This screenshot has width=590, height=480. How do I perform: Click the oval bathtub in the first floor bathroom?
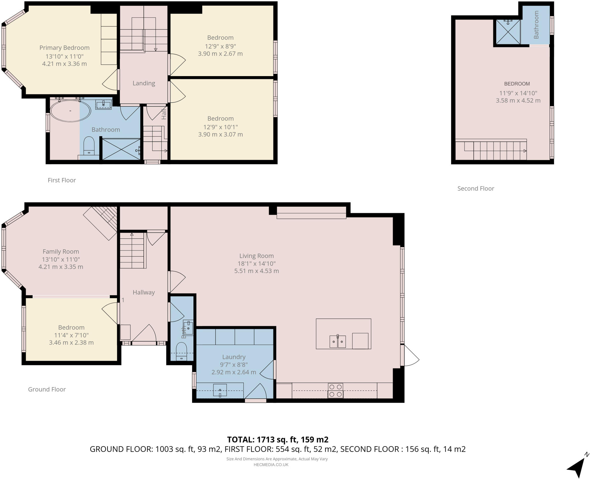click(70, 111)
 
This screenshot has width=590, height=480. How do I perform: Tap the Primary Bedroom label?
click(64, 48)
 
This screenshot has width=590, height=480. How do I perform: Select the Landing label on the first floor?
click(144, 83)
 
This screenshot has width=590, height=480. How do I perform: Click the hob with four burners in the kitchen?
click(335, 391)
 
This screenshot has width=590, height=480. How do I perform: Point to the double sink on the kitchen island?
click(337, 342)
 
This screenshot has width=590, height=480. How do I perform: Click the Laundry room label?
click(234, 357)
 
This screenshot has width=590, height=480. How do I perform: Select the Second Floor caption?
click(476, 189)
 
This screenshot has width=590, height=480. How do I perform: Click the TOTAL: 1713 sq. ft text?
click(277, 439)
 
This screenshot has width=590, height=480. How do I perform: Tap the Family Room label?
click(60, 252)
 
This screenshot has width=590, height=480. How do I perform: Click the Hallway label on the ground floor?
click(144, 292)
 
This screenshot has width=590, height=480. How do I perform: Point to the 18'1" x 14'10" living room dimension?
click(256, 263)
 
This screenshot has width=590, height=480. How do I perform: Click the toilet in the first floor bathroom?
click(89, 146)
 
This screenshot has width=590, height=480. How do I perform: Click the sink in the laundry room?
click(220, 390)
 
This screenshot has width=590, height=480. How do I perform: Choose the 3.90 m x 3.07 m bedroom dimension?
click(220, 134)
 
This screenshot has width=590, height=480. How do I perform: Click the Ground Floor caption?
click(47, 389)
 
